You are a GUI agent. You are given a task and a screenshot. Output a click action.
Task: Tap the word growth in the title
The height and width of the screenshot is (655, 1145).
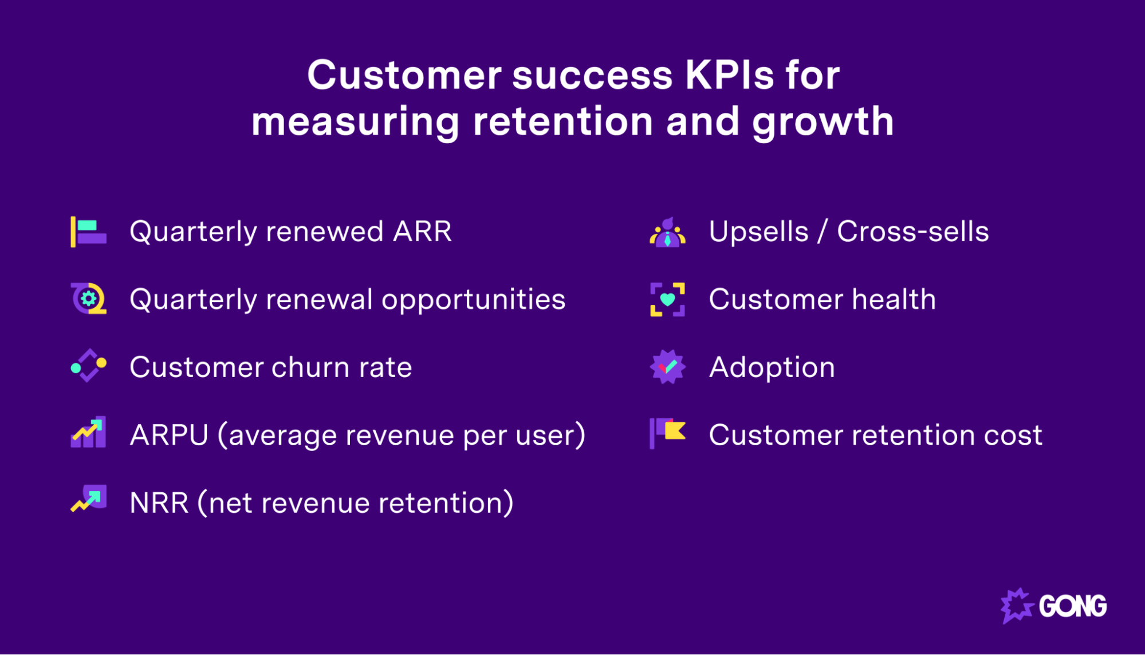pyautogui.click(x=823, y=122)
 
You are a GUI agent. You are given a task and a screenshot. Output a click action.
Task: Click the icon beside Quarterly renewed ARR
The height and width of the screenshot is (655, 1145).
pyautogui.click(x=88, y=232)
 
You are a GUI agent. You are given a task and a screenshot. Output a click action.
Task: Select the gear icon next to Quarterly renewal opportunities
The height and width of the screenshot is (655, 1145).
pyautogui.click(x=89, y=299)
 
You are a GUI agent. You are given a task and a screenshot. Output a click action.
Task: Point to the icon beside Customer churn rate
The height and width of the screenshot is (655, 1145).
pyautogui.click(x=88, y=366)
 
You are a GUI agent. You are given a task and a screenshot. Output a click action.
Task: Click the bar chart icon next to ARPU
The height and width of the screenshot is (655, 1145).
pyautogui.click(x=88, y=433)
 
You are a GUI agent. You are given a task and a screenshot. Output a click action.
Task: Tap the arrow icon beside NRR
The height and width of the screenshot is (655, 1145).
pyautogui.click(x=89, y=499)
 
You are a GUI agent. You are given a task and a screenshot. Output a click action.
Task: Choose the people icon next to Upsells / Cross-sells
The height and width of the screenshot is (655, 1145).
pyautogui.click(x=667, y=233)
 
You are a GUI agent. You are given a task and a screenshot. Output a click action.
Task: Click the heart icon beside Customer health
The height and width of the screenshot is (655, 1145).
pyautogui.click(x=667, y=299)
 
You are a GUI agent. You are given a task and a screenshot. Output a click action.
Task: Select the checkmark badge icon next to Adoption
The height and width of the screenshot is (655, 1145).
pyautogui.click(x=667, y=367)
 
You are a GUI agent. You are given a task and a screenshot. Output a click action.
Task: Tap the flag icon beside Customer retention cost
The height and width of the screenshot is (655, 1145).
pyautogui.click(x=667, y=433)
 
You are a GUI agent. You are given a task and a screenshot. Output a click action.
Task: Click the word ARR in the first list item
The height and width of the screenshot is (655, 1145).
pyautogui.click(x=422, y=232)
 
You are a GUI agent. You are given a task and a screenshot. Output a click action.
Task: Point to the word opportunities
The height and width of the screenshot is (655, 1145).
pyautogui.click(x=473, y=300)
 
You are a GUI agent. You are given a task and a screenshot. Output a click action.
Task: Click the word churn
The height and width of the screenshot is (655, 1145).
pyautogui.click(x=310, y=367)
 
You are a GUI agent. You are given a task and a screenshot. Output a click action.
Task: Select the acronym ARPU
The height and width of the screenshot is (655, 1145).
pyautogui.click(x=169, y=435)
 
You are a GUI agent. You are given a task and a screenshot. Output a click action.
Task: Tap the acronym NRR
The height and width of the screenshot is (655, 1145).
pyautogui.click(x=159, y=503)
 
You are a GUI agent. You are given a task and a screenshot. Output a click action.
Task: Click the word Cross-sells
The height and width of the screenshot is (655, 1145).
pyautogui.click(x=912, y=232)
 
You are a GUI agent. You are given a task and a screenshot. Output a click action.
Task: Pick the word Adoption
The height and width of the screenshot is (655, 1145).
pyautogui.click(x=772, y=367)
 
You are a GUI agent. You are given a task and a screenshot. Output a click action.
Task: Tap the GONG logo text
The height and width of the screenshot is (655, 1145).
pyautogui.click(x=1072, y=606)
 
